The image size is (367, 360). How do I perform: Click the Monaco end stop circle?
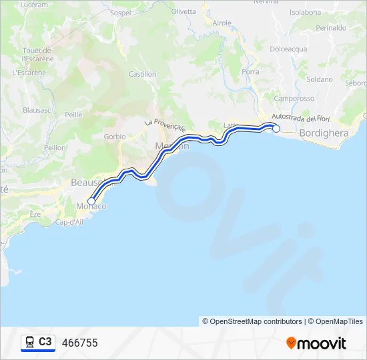91,201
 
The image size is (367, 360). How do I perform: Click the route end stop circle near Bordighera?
276,129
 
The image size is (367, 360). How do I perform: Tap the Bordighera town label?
324,133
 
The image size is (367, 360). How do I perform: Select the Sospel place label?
120,13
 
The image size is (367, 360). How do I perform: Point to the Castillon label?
142,74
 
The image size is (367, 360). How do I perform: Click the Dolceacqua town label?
288,49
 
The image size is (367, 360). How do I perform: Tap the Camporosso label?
294,98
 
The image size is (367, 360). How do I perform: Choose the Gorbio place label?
115,136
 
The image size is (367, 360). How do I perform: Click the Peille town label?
73,115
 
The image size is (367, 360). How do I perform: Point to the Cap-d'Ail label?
69,222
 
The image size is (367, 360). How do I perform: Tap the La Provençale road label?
164,123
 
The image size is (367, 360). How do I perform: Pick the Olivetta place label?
183,11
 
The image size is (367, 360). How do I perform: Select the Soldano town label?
320,79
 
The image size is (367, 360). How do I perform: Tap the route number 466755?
79,343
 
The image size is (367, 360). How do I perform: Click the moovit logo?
316,343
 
